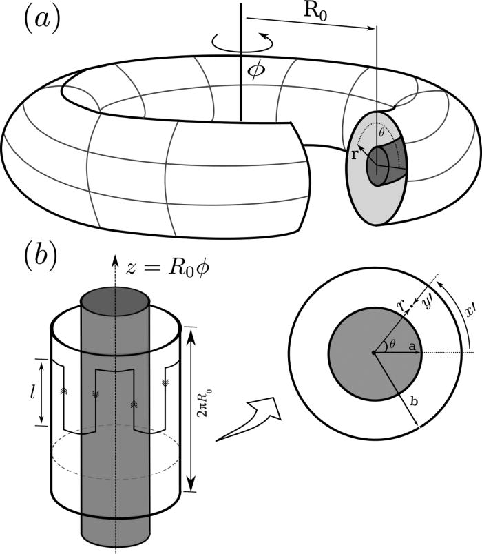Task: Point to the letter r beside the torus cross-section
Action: click(x=354, y=155)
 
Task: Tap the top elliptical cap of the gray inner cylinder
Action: click(x=115, y=302)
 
